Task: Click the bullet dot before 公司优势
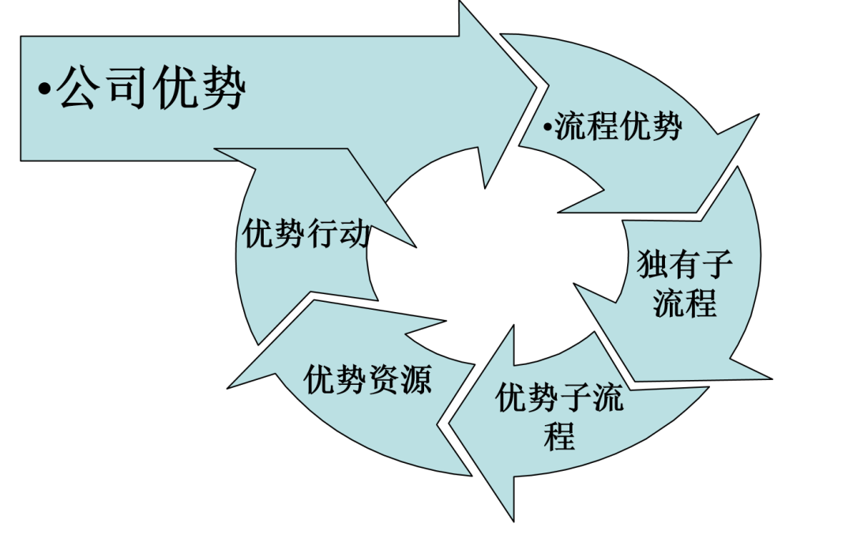pos(44,88)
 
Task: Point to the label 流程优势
pos(618,127)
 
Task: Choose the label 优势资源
pos(368,378)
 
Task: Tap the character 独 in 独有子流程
pos(652,264)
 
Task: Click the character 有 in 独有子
pos(684,264)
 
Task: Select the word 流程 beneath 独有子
pos(684,303)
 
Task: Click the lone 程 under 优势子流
pos(559,435)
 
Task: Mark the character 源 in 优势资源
pos(416,378)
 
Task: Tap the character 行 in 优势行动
pos(322,234)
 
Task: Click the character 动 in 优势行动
pos(355,234)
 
